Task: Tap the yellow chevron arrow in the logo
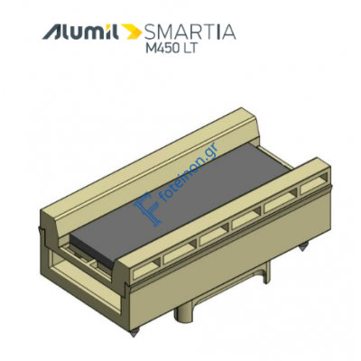click(x=133, y=32)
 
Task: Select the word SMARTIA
click(x=190, y=32)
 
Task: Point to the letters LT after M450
click(x=189, y=48)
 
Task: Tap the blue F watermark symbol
click(x=147, y=208)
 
